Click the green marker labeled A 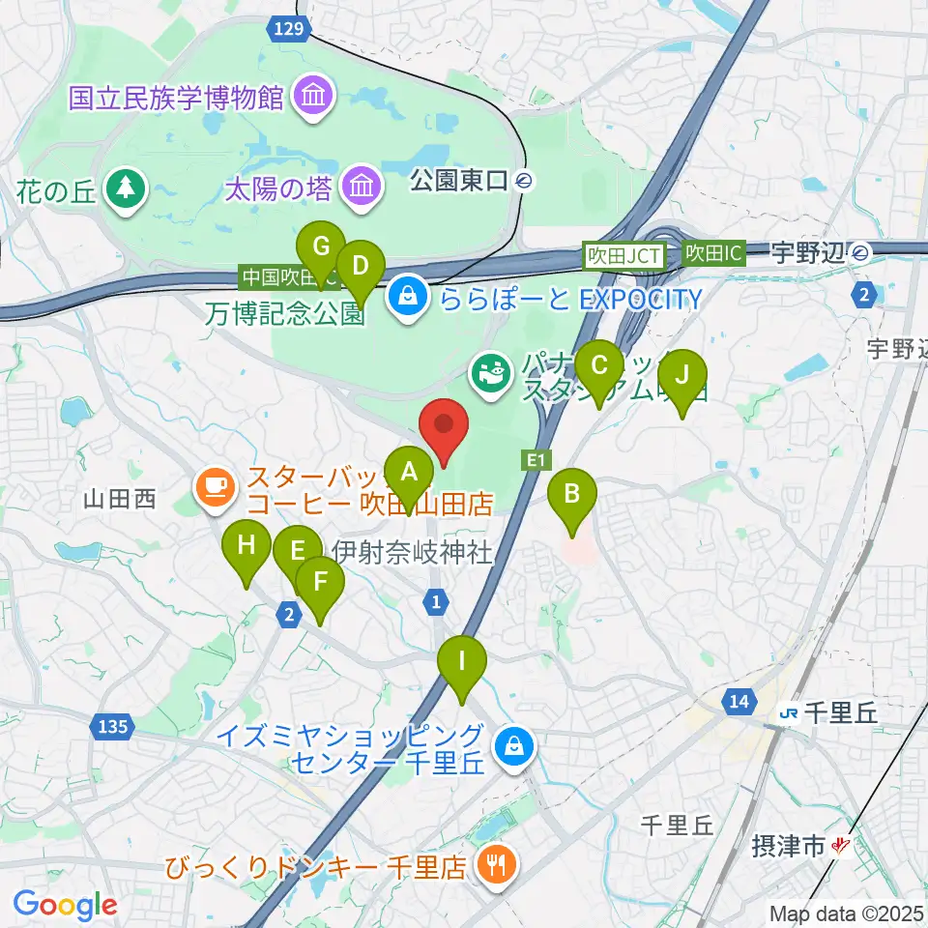click(409, 473)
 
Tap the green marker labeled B click(571, 495)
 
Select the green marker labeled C click(598, 366)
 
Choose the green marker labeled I click(461, 662)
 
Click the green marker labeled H click(246, 545)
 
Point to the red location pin click(444, 425)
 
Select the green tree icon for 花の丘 click(125, 189)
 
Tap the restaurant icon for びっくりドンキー click(496, 863)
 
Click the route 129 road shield click(289, 29)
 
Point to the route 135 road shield click(112, 725)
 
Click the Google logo click(66, 905)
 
